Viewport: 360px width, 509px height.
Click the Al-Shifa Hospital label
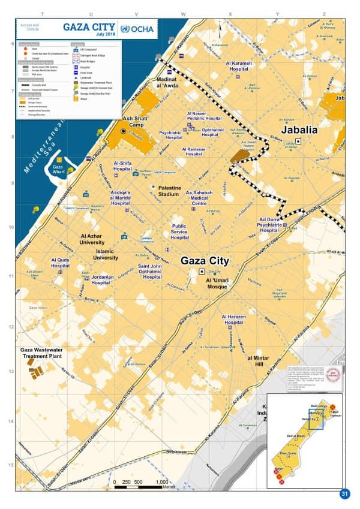pyautogui.click(x=122, y=166)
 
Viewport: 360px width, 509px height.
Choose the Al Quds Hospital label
pyautogui.click(x=60, y=263)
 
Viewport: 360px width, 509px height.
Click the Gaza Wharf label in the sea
pyautogui.click(x=58, y=170)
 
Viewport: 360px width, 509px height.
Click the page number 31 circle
pyautogui.click(x=344, y=494)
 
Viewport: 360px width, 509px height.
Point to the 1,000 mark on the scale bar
pyautogui.click(x=161, y=482)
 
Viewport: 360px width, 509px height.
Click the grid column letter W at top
pyautogui.click(x=184, y=14)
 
